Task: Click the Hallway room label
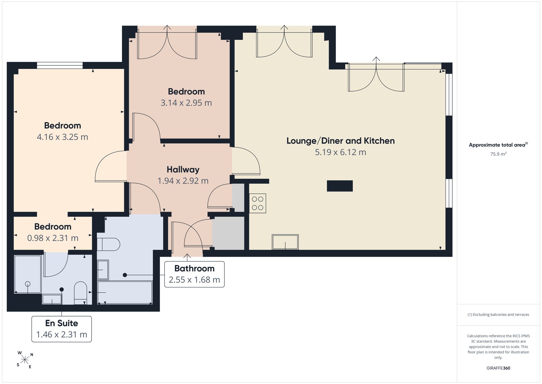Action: click(x=183, y=170)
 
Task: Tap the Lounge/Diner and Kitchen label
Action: click(x=341, y=141)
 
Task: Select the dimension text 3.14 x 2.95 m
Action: click(x=186, y=103)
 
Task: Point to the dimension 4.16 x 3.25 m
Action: click(x=62, y=137)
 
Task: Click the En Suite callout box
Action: click(x=62, y=329)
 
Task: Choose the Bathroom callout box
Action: click(x=194, y=274)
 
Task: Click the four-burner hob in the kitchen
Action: click(x=257, y=203)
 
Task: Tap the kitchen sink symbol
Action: click(x=285, y=242)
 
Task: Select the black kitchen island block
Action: click(x=340, y=186)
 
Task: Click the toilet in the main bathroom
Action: click(x=108, y=245)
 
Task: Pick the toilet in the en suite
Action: click(x=80, y=293)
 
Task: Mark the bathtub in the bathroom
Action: click(x=125, y=293)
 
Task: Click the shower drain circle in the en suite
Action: click(x=28, y=284)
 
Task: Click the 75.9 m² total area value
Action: click(x=498, y=154)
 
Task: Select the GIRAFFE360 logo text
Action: click(x=498, y=368)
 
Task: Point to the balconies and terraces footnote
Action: click(x=498, y=315)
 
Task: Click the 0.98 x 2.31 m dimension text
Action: click(x=53, y=238)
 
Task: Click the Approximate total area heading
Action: click(x=498, y=145)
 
